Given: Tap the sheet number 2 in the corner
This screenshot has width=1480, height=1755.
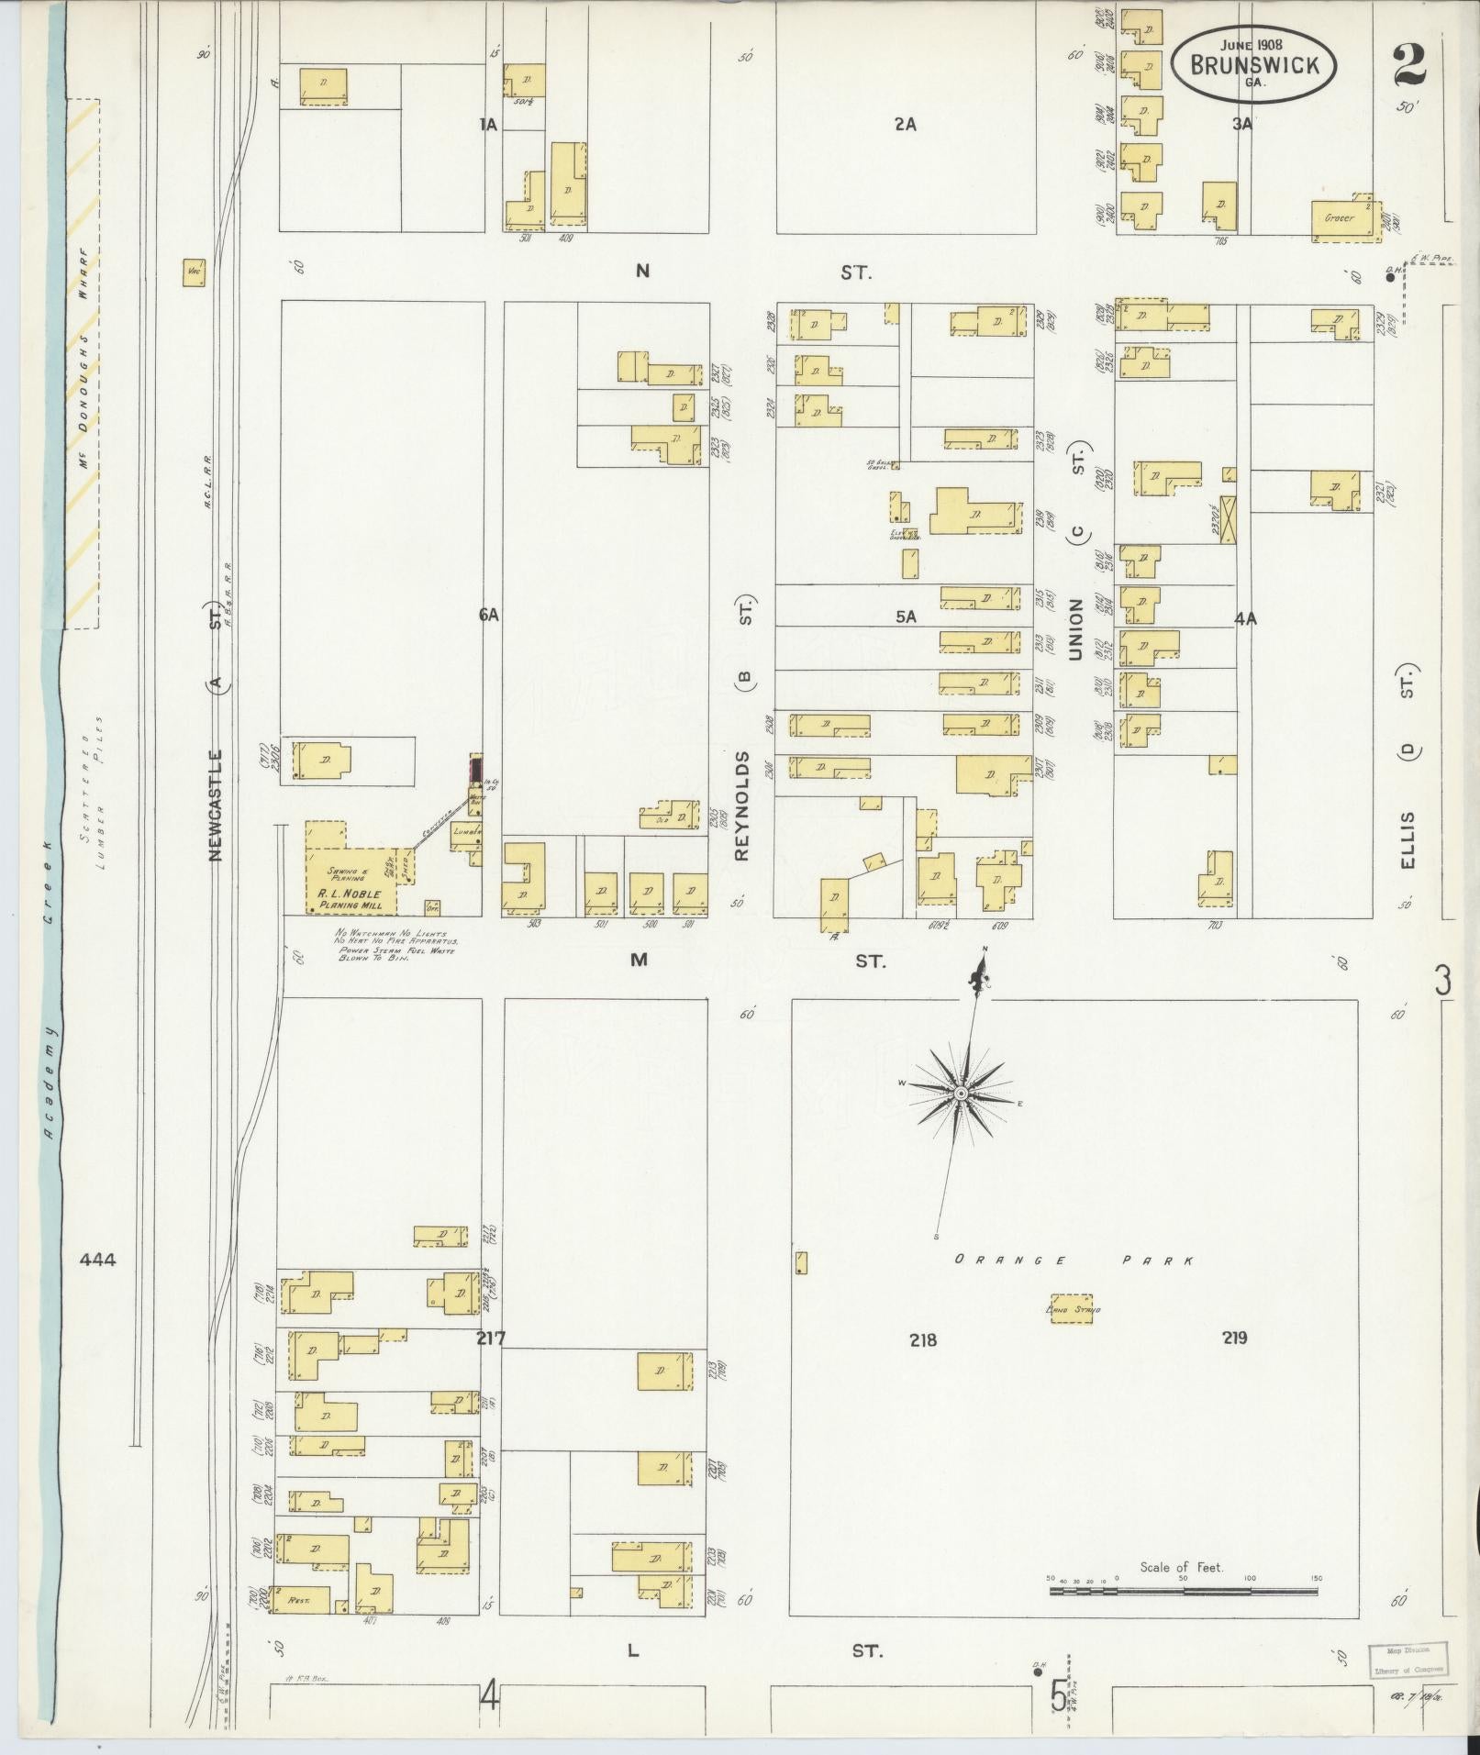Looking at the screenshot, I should pos(1409,64).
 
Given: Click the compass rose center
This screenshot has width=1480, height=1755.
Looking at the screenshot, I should pos(961,1094).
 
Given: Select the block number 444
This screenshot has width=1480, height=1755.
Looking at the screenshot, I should pos(97,1261).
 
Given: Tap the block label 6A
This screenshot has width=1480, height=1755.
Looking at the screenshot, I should pos(488,616).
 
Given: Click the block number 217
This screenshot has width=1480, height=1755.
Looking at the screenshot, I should pos(491,1338).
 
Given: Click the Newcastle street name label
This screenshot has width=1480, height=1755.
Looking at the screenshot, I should pos(217,805).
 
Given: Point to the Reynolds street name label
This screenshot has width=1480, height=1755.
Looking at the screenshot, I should pos(743,805).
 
